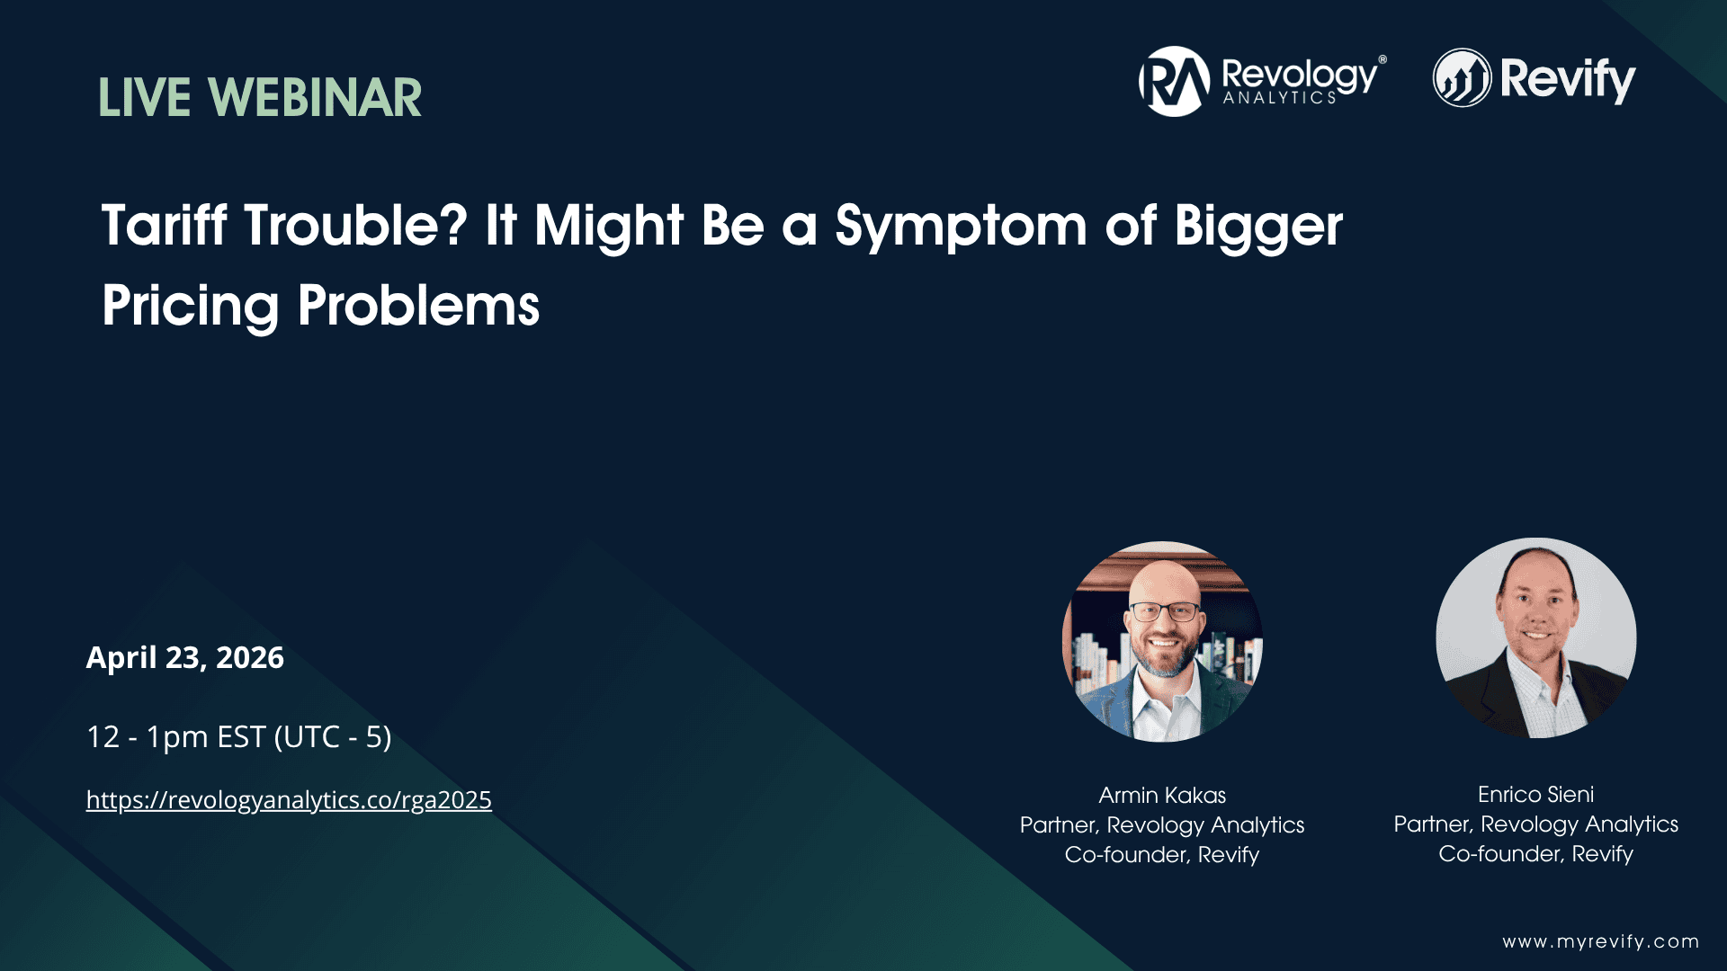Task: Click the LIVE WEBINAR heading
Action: [260, 98]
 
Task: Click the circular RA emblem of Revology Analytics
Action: [1174, 81]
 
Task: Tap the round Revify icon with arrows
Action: [1462, 78]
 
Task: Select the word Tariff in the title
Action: [164, 225]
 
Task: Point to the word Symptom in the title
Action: [961, 227]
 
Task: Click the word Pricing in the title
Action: [191, 306]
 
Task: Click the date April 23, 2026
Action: [185, 658]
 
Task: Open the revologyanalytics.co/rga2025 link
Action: [289, 799]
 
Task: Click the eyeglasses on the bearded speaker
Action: [1165, 612]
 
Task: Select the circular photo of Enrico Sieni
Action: [1535, 638]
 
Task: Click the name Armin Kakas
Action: [1162, 795]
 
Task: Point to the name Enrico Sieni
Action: [1535, 794]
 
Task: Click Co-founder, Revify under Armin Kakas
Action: [1162, 854]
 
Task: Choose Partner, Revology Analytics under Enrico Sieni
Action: [1535, 824]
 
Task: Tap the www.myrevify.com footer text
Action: [1600, 941]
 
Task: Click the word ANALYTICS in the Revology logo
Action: [1279, 98]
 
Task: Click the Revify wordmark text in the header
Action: [1568, 79]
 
